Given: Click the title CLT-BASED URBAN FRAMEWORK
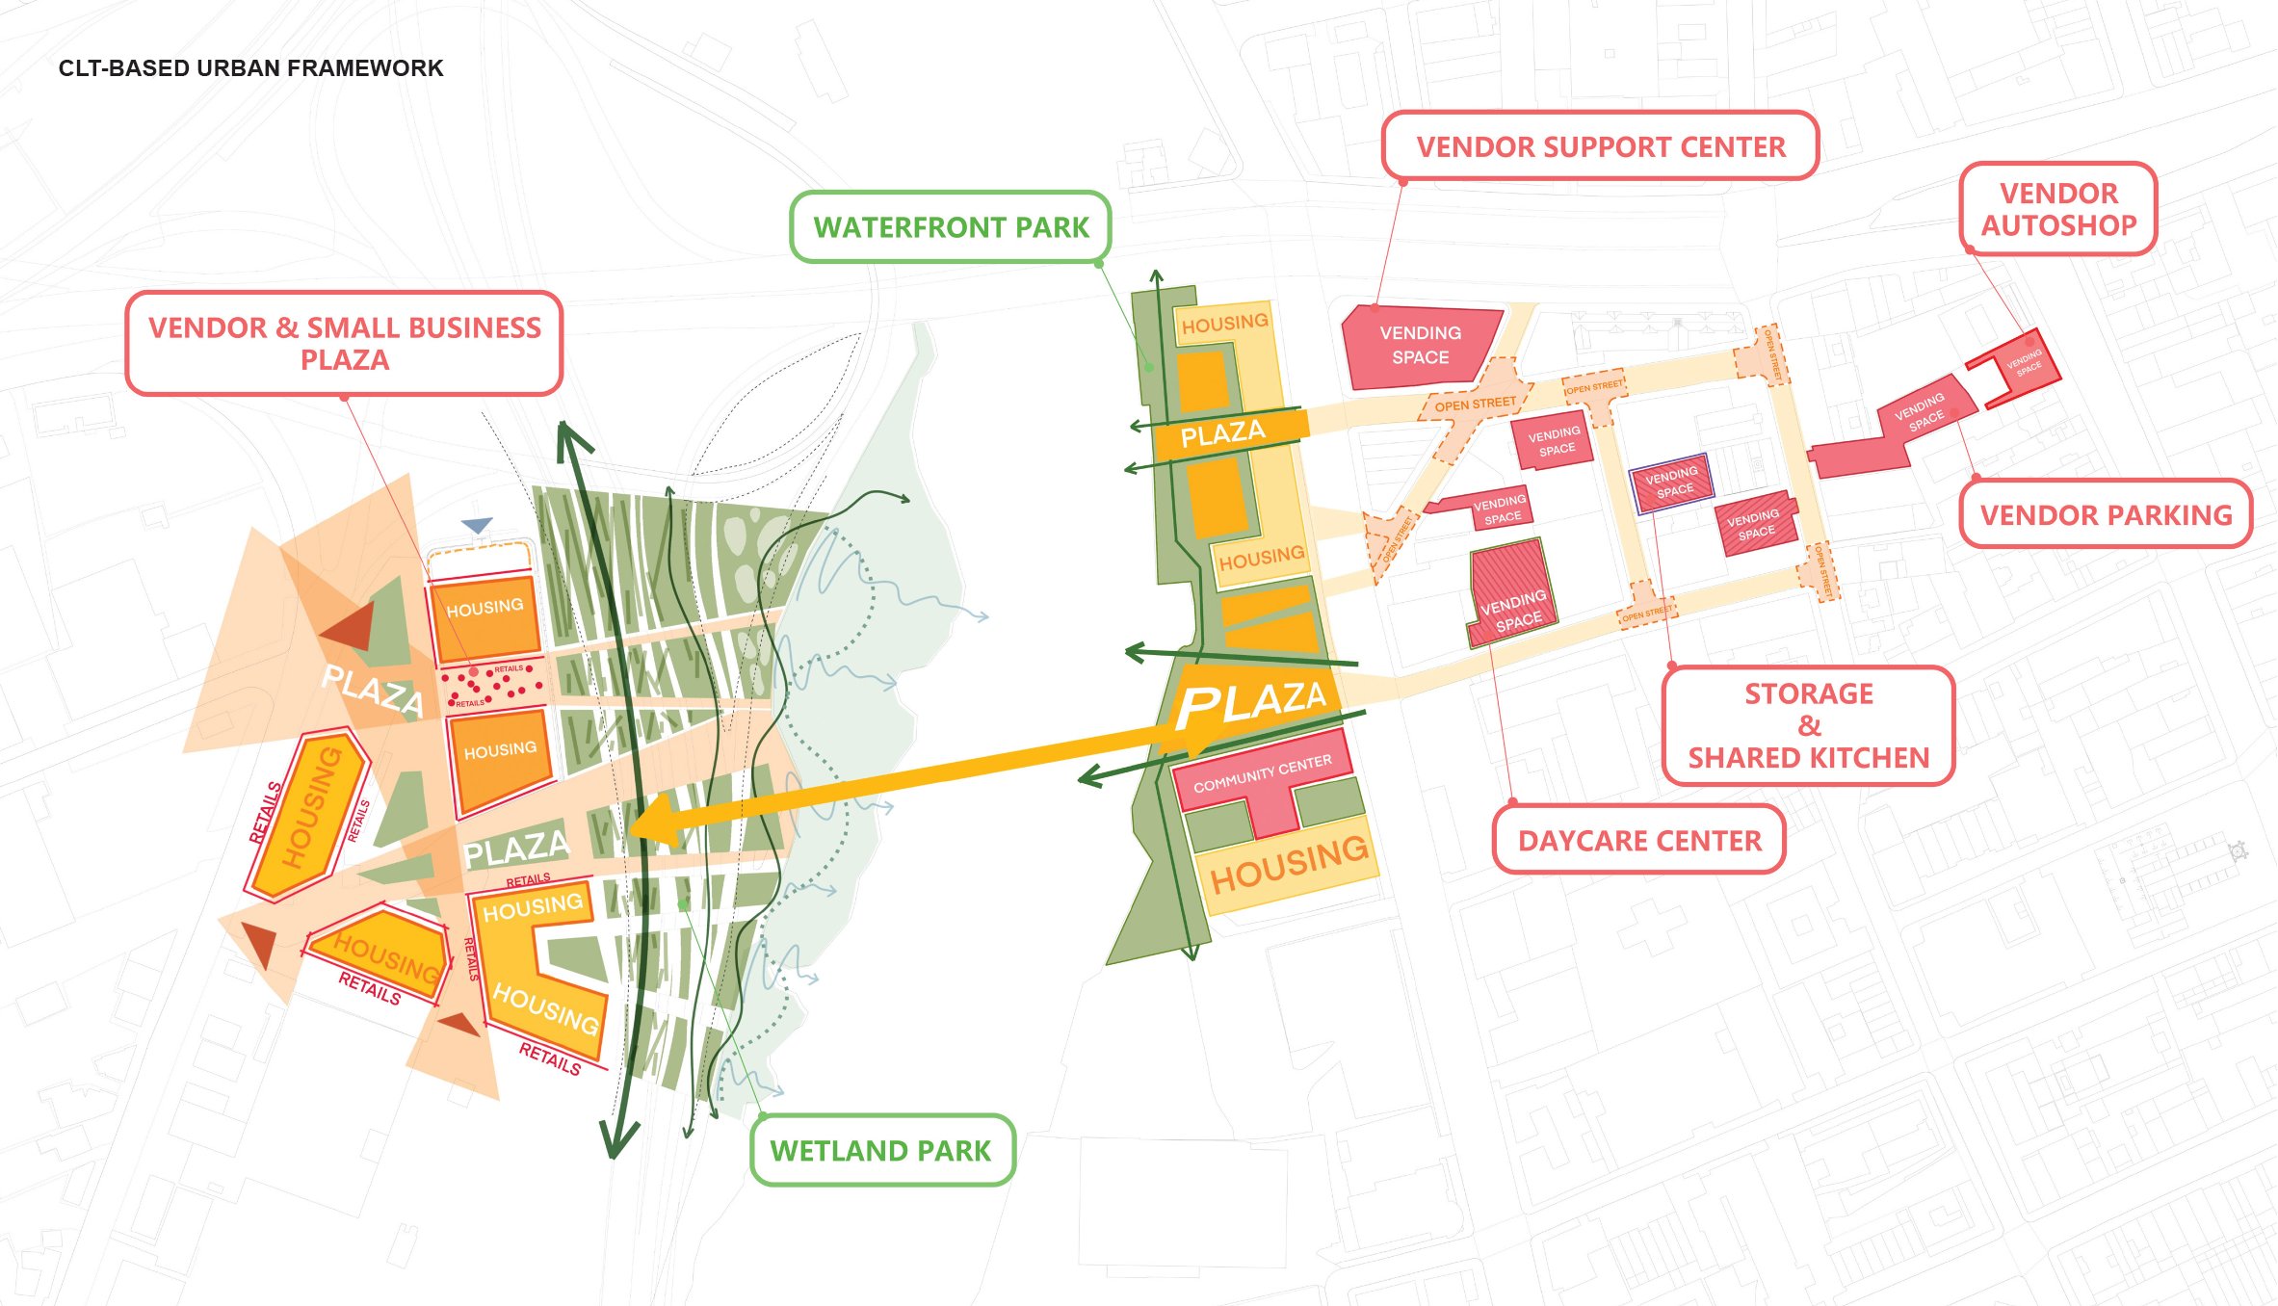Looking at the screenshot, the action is point(250,68).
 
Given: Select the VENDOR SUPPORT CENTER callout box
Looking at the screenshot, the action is point(1600,146).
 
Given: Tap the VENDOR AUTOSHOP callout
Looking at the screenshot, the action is point(2058,209).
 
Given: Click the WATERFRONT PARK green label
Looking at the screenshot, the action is point(951,227).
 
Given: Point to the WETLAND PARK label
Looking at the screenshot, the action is point(881,1151).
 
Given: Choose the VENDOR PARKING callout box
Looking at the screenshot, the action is point(2106,515).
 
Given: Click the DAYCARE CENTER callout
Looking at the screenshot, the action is point(1639,841).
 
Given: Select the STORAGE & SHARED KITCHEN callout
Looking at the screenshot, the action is point(1808,726).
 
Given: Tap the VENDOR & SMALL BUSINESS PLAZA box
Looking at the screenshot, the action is point(344,344).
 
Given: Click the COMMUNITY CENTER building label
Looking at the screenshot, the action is point(1262,773).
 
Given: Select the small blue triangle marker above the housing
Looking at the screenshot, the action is point(477,525).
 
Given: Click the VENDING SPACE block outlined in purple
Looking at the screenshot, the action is point(1671,483).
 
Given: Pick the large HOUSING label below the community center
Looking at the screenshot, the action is point(1288,864).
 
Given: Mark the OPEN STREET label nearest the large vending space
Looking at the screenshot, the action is point(1475,404).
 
